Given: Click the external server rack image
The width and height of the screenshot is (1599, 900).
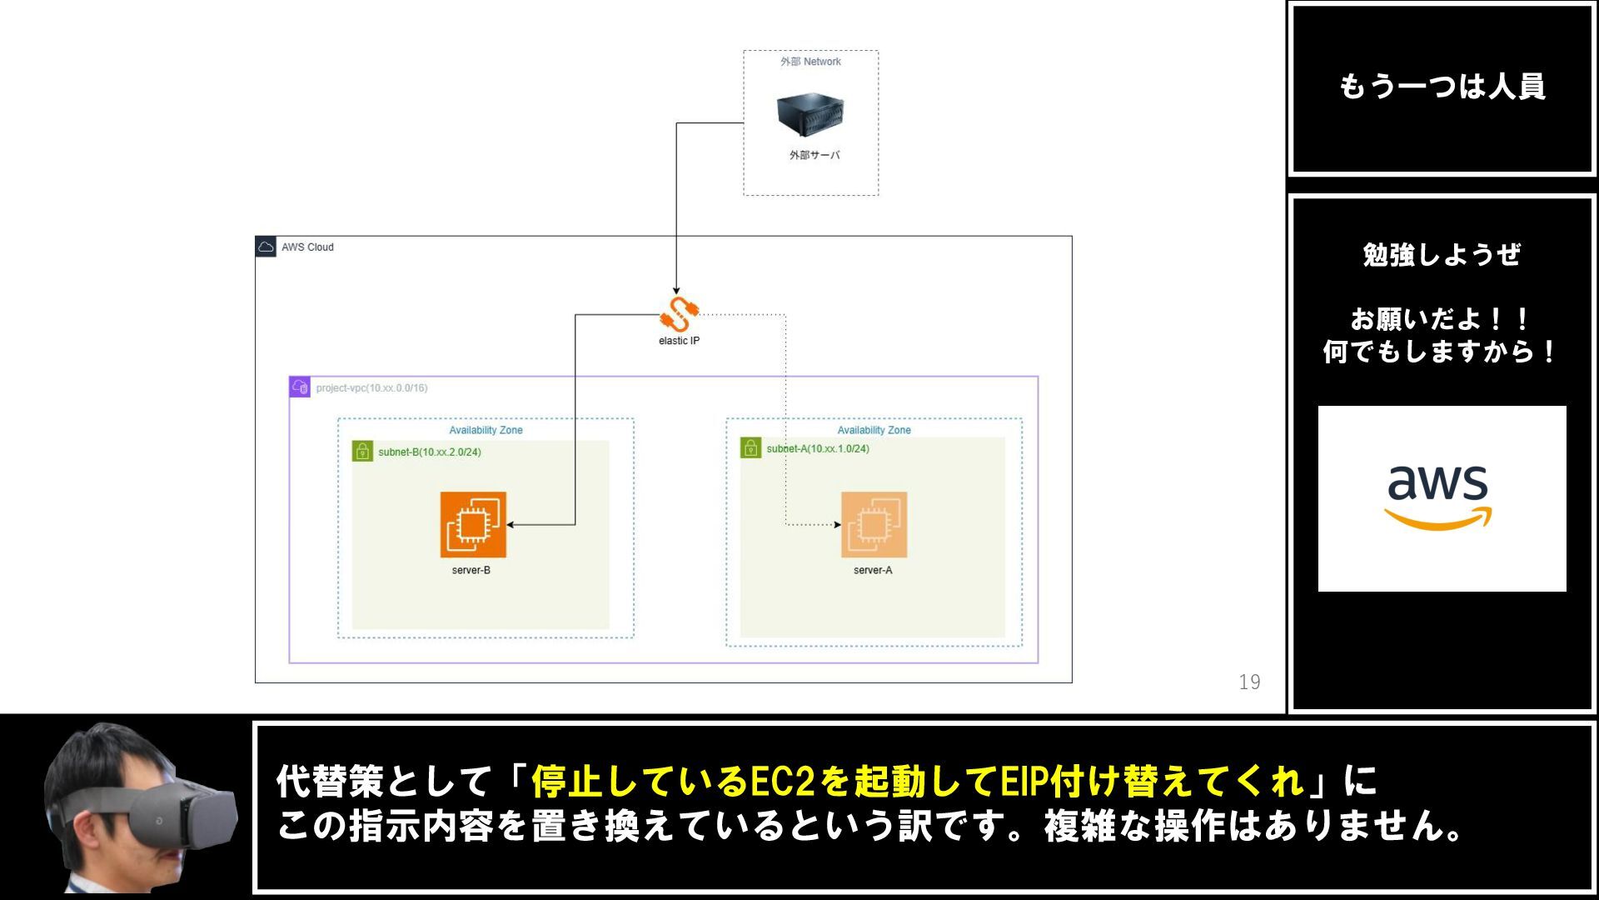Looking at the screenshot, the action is [809, 114].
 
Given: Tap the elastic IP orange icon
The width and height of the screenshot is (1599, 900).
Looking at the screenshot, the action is [679, 315].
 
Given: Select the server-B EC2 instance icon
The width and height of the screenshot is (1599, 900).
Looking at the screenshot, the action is [473, 524].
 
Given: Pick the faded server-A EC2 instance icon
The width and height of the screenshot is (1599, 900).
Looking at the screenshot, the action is [874, 524].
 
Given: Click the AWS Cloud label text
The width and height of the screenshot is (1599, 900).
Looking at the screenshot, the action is [307, 247].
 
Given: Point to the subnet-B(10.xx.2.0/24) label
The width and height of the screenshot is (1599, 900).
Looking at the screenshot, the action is [429, 452].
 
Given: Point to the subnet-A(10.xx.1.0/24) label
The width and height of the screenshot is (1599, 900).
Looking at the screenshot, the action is [817, 449].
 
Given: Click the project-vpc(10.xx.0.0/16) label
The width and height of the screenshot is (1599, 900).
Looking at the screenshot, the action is [371, 388].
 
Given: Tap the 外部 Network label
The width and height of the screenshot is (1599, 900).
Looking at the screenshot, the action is [810, 62].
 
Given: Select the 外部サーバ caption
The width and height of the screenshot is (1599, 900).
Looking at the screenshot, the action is [814, 155].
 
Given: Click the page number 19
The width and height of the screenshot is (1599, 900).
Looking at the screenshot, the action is [1249, 682].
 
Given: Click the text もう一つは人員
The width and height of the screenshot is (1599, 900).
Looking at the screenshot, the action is [1442, 87].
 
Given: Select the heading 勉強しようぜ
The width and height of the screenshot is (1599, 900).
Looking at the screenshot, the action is [1442, 255].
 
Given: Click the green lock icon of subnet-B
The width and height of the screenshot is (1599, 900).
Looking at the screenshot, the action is [362, 452].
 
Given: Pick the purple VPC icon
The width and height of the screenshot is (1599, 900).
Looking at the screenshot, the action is [300, 387].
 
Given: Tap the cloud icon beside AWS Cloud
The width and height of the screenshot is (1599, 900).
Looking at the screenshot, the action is [266, 247].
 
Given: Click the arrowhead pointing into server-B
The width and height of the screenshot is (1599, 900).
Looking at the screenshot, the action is [511, 525].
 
